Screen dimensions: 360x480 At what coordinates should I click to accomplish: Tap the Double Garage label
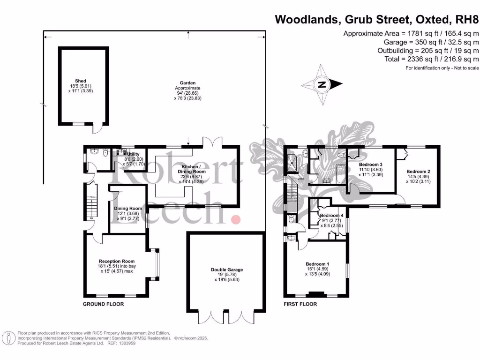pos(227,270)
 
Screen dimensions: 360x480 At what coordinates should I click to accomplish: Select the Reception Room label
pos(117,261)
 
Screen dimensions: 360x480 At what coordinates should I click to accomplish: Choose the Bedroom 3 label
pos(371,165)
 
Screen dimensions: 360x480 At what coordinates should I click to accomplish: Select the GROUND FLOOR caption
pos(103,304)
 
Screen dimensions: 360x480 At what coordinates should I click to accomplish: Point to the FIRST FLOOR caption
pos(300,304)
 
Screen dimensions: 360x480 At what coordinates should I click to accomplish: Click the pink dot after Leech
pos(237,219)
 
